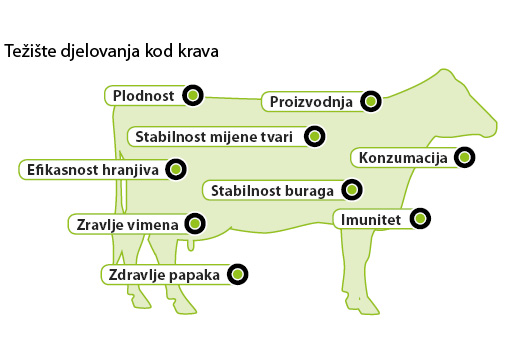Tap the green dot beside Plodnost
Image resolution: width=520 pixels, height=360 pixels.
point(194,96)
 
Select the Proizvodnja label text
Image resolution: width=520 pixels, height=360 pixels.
point(309,102)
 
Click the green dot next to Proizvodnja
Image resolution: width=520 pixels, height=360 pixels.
point(370,102)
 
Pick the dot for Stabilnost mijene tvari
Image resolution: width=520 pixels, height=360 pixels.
point(313,135)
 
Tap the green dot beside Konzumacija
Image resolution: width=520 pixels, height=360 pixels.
point(463,157)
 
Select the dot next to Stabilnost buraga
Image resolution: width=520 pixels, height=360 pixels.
point(351,189)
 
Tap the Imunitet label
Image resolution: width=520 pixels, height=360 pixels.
point(370,218)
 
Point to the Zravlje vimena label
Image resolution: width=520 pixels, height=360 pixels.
point(127,224)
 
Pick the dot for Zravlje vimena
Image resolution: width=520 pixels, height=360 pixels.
point(194,224)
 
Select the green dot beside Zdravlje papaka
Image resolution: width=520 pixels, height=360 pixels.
point(237,273)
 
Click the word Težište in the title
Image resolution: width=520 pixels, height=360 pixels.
point(29,49)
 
